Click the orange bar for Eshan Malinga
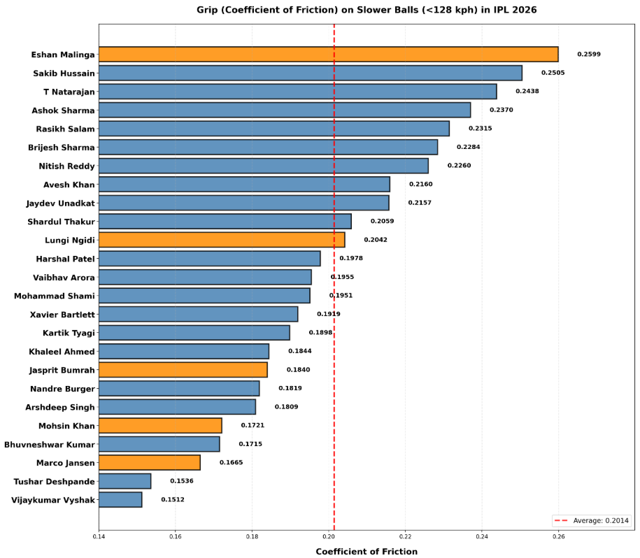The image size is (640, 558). point(329,55)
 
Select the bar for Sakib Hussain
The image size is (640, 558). point(311,73)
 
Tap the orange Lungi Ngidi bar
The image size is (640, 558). point(222,240)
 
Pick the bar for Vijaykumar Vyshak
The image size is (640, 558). point(120,500)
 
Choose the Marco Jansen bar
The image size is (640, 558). point(150,463)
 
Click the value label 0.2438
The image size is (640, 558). point(527,92)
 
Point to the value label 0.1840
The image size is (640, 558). point(298,370)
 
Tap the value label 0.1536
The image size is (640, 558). point(182,481)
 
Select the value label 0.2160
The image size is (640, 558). point(421,185)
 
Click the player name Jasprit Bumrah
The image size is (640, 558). point(62,371)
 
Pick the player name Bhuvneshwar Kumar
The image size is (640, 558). point(50,445)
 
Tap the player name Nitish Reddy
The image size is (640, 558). point(67,166)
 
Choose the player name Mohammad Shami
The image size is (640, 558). point(55,296)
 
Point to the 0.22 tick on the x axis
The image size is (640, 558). point(405,536)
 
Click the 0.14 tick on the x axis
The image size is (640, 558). point(99,536)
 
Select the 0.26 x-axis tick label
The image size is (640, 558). point(558,536)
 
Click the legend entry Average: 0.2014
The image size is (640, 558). point(592,520)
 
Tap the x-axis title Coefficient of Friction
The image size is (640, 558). point(367,552)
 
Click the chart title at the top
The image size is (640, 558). point(367,10)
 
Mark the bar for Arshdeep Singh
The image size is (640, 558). point(177,407)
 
